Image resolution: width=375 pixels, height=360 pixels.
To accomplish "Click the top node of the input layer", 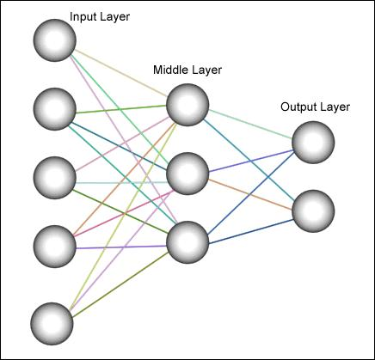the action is point(55,40).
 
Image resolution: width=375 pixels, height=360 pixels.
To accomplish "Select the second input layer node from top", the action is point(55,109).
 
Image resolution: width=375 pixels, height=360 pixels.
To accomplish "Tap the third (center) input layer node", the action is point(55,178).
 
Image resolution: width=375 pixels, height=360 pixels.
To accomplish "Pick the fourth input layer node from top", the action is point(55,247).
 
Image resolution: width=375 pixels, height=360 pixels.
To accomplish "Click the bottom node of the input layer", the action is point(52,324).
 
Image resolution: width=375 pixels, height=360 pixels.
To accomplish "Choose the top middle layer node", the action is point(187,105).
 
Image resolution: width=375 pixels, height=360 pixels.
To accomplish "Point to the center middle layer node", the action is point(187,174).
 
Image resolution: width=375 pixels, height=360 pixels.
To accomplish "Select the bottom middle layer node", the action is point(187,242).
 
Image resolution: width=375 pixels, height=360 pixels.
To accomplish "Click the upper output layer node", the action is point(313,143).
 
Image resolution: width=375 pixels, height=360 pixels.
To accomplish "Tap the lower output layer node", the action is point(313,211).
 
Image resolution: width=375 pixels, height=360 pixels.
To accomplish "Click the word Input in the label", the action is point(80,17).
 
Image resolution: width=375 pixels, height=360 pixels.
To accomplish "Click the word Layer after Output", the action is point(335,107).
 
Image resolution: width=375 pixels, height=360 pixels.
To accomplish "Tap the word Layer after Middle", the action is point(206,70).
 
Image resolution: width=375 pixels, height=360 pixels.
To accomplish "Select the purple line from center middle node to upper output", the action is point(251,161).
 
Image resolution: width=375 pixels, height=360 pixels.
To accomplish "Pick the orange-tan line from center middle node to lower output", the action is point(250,194).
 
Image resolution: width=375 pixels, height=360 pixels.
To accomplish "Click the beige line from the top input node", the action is point(121,73).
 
